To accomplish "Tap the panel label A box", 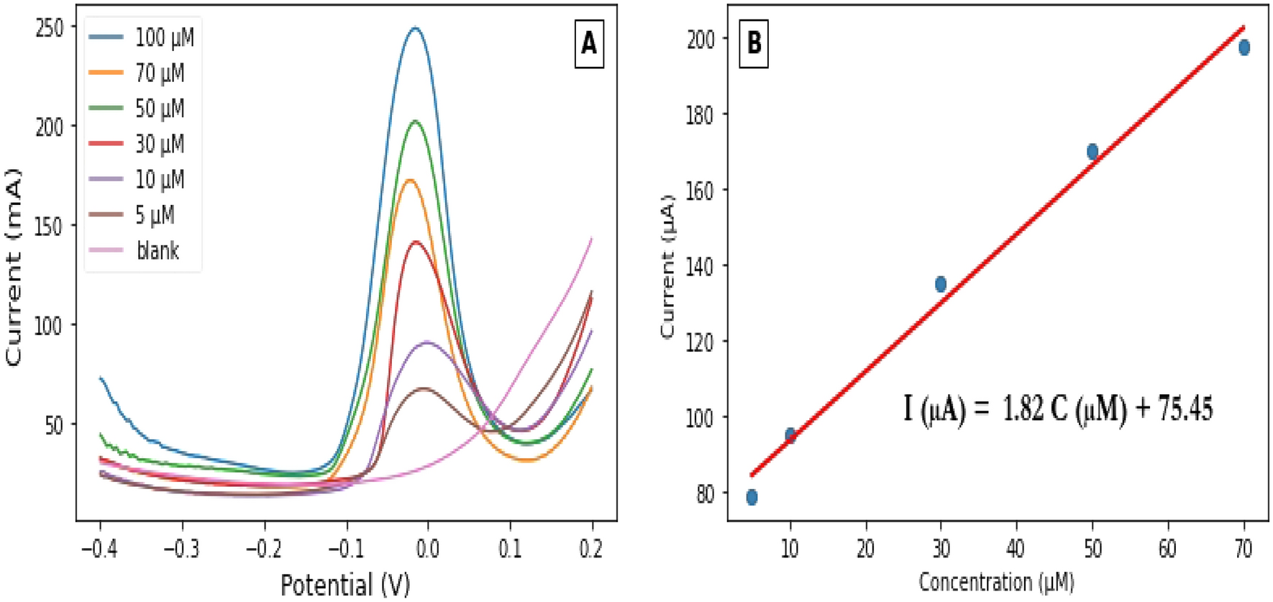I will pos(588,44).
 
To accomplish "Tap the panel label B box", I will pos(754,43).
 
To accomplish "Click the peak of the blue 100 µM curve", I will pos(415,28).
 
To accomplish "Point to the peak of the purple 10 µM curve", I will pos(427,342).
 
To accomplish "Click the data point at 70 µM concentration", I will pos(1244,47).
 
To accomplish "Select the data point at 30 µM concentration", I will pos(941,284).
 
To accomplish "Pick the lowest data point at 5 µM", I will pos(752,497).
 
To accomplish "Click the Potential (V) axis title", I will pos(345,584).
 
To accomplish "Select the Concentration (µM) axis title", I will pos(996,581).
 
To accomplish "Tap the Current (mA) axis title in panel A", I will pos(14,266).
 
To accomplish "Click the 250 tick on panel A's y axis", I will pos(50,27).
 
